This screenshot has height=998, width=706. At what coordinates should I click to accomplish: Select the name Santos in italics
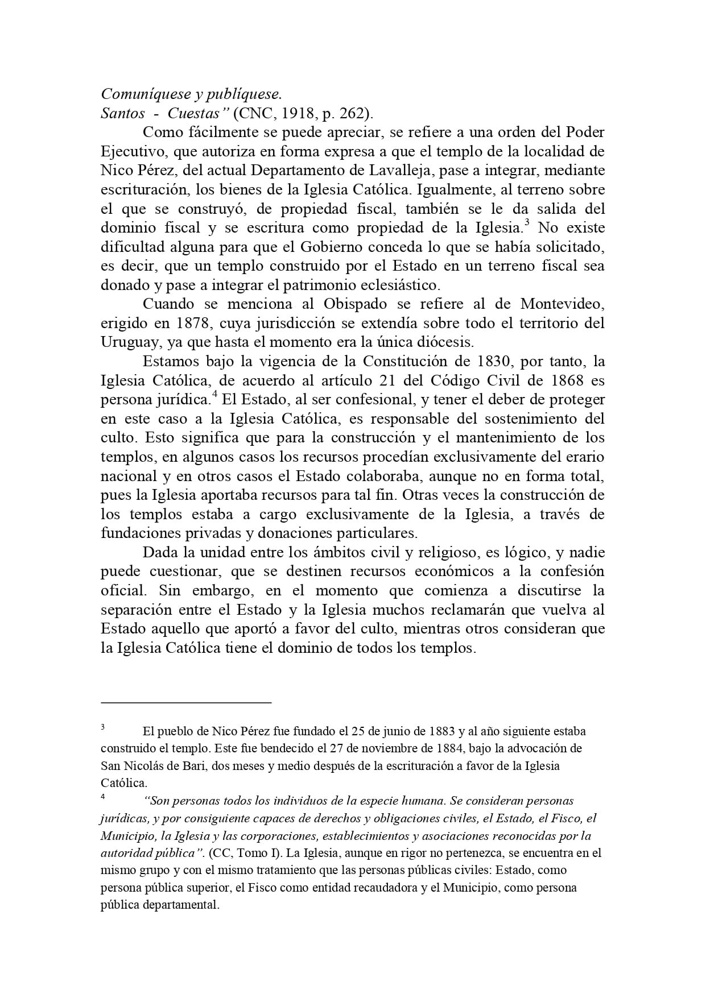122,113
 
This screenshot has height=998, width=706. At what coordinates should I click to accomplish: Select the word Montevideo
562,304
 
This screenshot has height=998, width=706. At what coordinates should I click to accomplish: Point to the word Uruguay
127,342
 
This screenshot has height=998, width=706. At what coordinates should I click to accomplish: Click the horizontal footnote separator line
186,703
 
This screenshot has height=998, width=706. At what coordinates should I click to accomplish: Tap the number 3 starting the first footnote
103,727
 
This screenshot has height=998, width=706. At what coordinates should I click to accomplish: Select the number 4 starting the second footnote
103,797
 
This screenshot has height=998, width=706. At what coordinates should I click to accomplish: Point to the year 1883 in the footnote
437,731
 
